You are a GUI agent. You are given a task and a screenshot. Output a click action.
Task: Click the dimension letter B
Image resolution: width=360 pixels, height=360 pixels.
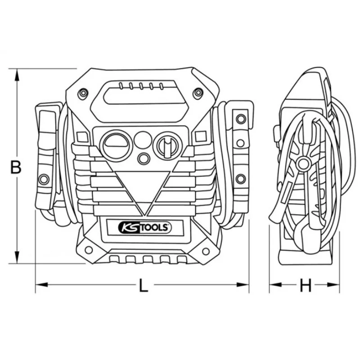pos(16,167)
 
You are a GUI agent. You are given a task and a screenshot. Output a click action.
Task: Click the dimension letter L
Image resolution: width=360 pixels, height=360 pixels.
pos(143,286)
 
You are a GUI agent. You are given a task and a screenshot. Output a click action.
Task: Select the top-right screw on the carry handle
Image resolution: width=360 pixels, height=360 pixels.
pos(197,93)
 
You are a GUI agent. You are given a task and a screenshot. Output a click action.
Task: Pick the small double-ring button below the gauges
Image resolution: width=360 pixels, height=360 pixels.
pos(144,158)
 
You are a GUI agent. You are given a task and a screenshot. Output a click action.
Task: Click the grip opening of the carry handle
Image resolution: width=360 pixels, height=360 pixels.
pos(139,97)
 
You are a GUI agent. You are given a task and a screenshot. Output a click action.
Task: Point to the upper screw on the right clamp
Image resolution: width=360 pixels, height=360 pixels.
pos(241,119)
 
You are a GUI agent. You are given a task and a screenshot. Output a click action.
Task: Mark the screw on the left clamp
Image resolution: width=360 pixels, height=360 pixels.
pos(44,179)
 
